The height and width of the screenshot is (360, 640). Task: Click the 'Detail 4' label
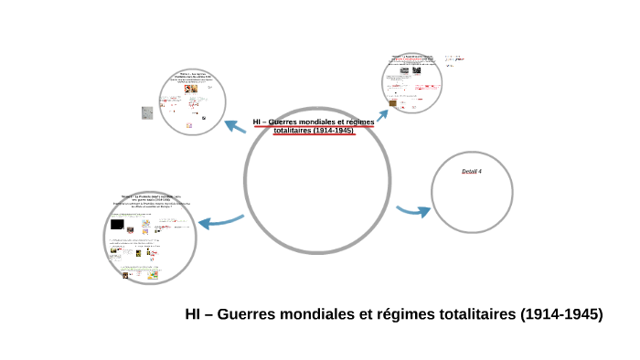pyautogui.click(x=472, y=172)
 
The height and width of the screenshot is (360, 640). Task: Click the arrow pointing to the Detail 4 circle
pyautogui.click(x=414, y=210)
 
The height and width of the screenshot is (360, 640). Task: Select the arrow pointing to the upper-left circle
pyautogui.click(x=237, y=125)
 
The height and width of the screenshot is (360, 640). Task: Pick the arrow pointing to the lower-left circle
pyautogui.click(x=220, y=220)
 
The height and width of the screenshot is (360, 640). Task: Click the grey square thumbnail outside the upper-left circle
pyautogui.click(x=146, y=112)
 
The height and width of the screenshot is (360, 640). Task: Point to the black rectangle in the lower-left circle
pyautogui.click(x=117, y=224)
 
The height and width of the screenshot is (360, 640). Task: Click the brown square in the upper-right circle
pyautogui.click(x=393, y=103)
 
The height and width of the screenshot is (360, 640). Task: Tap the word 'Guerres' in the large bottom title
pyautogui.click(x=247, y=314)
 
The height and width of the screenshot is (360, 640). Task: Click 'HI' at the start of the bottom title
pyautogui.click(x=193, y=314)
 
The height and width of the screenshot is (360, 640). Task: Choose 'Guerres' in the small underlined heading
pyautogui.click(x=290, y=122)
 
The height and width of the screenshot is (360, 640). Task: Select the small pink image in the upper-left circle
pyautogui.click(x=188, y=125)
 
